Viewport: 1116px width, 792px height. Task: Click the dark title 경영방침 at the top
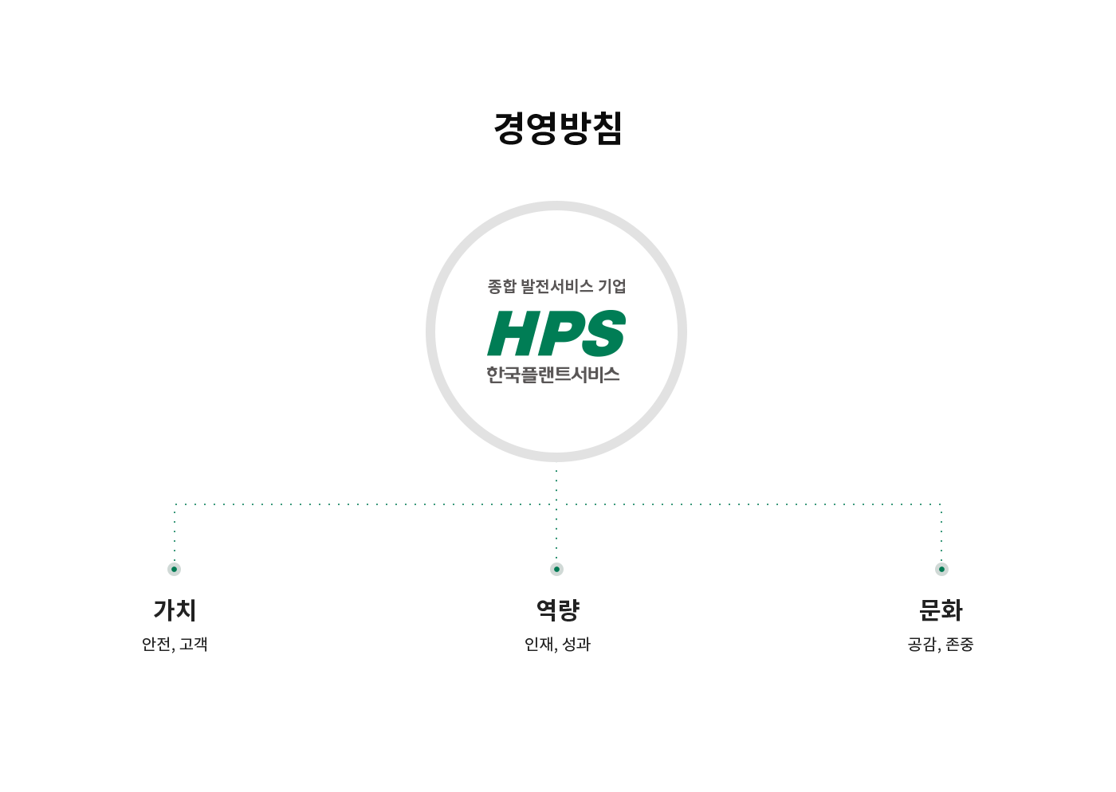point(556,128)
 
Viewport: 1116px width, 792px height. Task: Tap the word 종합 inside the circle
point(501,286)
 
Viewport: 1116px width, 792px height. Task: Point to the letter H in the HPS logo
point(510,334)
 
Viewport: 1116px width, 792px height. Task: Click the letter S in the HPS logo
point(603,334)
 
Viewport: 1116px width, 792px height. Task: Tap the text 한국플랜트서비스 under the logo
point(552,374)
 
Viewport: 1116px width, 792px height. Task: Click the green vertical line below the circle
point(556,482)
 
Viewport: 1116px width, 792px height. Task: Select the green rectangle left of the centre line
point(361,534)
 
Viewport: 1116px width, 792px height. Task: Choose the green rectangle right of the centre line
point(754,534)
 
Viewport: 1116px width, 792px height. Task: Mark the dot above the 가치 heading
point(174,569)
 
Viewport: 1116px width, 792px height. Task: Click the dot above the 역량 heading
point(556,569)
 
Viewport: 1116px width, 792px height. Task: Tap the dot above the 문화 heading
point(941,569)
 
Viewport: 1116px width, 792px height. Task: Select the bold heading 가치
point(175,610)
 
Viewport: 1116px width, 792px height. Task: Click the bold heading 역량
point(557,610)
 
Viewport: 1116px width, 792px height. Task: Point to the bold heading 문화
point(941,610)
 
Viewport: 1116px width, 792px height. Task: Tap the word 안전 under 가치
point(155,644)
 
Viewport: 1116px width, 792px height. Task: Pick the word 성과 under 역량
point(576,644)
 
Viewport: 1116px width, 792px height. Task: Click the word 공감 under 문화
point(921,644)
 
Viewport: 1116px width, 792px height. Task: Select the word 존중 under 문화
point(960,644)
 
